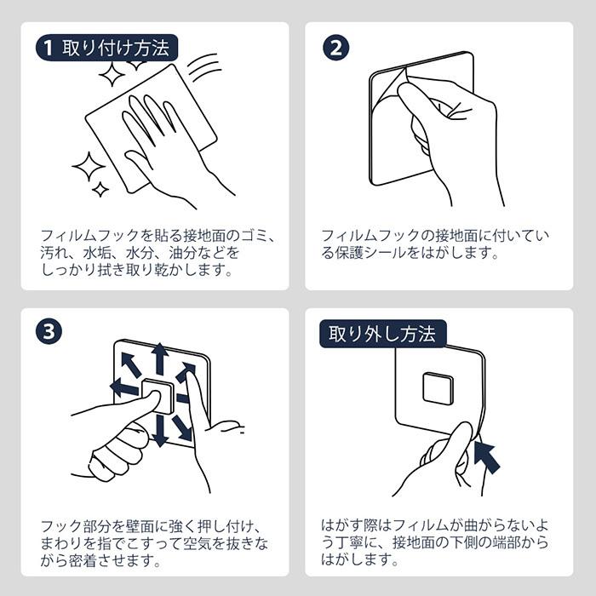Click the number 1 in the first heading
50,48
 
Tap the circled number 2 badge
336,48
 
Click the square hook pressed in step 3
157,395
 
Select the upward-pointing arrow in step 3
158,358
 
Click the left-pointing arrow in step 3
124,388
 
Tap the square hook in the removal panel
438,388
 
